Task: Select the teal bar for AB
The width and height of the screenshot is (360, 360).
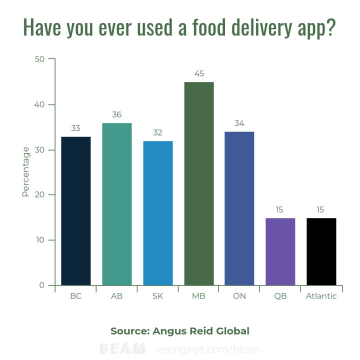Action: (117, 204)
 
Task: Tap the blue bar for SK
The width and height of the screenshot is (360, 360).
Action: (158, 213)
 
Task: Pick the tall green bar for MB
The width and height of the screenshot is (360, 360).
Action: (199, 183)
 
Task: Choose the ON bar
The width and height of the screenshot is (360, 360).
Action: (239, 208)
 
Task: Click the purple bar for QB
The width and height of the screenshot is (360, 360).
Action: (280, 251)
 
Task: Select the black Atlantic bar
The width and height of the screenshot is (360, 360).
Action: (321, 251)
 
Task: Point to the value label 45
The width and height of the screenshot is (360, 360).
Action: (199, 73)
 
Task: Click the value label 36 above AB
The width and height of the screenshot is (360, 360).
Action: (117, 114)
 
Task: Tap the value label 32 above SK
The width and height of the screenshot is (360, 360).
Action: (158, 132)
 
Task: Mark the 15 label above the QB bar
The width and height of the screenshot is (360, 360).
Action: (280, 209)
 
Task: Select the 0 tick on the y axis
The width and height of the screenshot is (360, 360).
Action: (42, 285)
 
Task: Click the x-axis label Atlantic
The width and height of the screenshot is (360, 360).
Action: (321, 296)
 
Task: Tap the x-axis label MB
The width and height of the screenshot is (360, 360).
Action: (199, 296)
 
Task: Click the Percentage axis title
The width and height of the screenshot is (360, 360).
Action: (25, 171)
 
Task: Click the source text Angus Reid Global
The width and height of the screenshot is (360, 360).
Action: (201, 331)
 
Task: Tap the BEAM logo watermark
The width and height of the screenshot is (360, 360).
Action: (123, 348)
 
